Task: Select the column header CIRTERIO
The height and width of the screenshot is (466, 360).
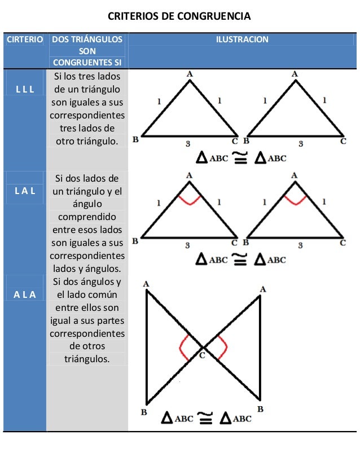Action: point(24,39)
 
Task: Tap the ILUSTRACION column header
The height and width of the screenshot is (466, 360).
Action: point(242,39)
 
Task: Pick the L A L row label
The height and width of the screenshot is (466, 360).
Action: point(24,191)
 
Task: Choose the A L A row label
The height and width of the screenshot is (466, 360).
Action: point(24,294)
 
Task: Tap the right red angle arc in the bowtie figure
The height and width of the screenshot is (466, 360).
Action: point(222,347)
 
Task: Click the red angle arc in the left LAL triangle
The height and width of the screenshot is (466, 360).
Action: point(189,199)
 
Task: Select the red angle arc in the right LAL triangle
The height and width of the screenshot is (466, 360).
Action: point(294,199)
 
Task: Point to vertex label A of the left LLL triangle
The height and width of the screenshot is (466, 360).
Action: point(189,73)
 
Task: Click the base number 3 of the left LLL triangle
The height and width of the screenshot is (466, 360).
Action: point(189,143)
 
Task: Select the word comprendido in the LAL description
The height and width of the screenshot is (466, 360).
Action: point(87,217)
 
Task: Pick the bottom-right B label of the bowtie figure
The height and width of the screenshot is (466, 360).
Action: point(261,408)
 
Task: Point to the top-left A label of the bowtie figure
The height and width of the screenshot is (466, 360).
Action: point(147,284)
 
